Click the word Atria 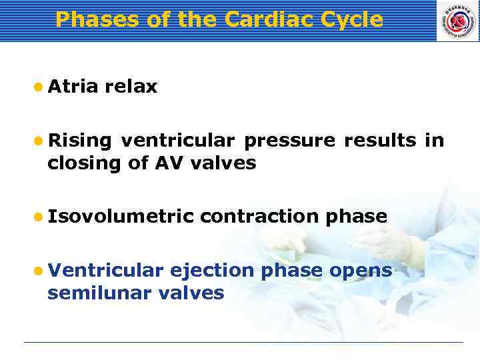73,87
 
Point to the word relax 131,87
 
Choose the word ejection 212,270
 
